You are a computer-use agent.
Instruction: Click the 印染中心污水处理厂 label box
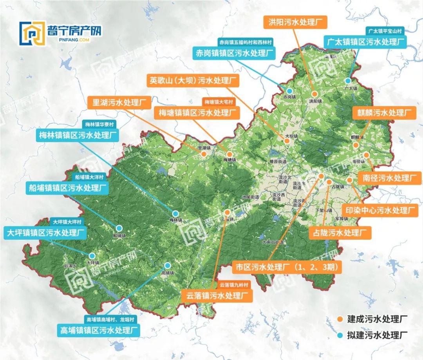click(x=378, y=210)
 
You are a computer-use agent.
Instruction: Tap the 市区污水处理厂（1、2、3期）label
click(x=287, y=268)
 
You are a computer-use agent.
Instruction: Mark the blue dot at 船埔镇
click(x=118, y=228)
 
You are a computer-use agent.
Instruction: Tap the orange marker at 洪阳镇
click(x=315, y=94)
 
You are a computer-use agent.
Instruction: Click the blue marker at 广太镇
click(x=348, y=81)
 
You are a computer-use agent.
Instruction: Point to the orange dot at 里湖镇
click(x=204, y=154)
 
